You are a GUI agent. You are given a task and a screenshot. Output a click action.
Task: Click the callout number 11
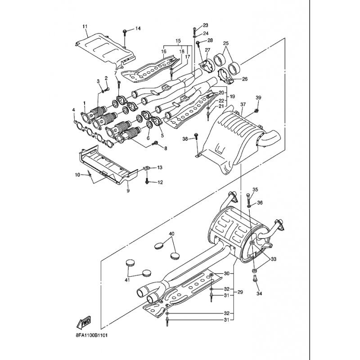tap(85, 27)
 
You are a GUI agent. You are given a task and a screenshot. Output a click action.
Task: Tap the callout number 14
tap(138, 28)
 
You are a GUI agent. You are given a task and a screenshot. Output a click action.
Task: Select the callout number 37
tap(243, 104)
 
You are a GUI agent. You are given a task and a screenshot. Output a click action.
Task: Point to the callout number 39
tap(258, 98)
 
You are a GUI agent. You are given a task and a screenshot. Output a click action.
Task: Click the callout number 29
tap(240, 292)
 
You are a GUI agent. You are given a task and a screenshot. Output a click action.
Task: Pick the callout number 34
tap(259, 293)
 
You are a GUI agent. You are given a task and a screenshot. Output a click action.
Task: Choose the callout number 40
tap(172, 234)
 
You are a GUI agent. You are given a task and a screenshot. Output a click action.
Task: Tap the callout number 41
tap(127, 280)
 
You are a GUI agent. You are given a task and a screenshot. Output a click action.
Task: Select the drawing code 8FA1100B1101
tap(92, 335)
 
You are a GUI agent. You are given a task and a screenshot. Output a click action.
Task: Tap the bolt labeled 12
tap(147, 180)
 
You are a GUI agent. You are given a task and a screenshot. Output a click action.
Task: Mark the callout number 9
tap(128, 190)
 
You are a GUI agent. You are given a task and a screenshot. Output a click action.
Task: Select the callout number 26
tap(245, 79)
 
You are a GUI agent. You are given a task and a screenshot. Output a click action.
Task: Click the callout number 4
tap(73, 110)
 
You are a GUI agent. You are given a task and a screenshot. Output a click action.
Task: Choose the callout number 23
tap(205, 25)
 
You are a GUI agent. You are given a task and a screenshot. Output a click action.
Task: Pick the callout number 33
tap(273, 259)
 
